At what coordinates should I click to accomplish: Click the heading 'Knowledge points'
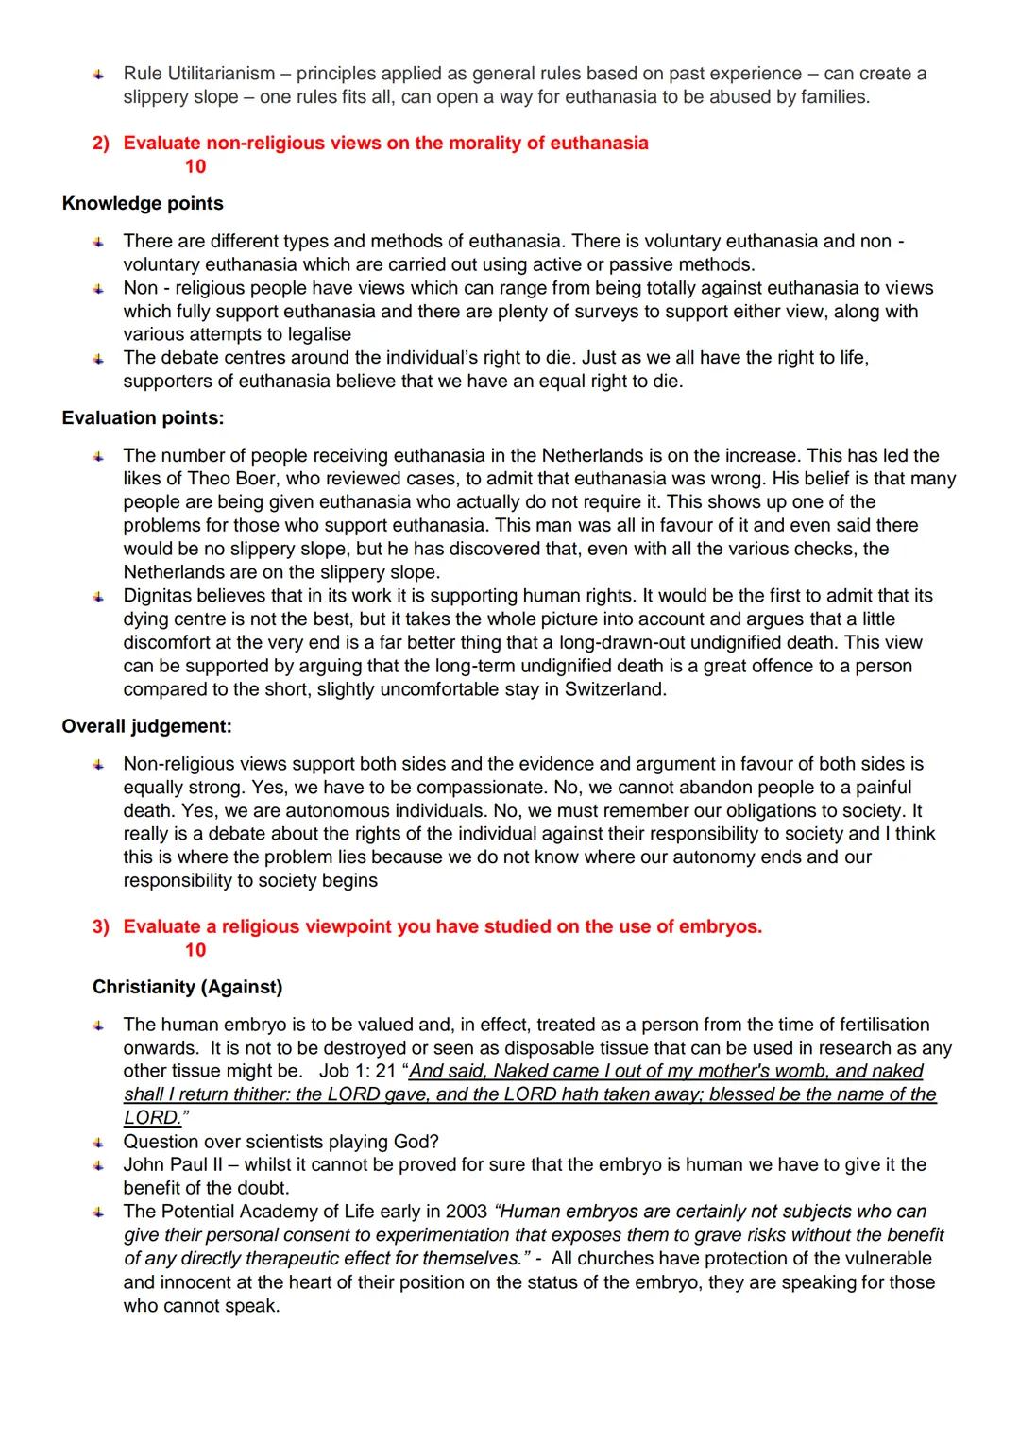143,203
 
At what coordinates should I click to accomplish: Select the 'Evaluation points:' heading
143,417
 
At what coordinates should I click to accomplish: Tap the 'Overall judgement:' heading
146,726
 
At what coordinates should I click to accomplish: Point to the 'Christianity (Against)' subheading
187,987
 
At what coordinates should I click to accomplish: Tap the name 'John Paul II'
175,1164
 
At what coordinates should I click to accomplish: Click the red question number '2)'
100,144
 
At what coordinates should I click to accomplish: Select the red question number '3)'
100,927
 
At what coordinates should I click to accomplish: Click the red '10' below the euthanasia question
195,166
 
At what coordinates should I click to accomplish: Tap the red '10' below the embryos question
195,950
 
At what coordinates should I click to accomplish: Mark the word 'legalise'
314,334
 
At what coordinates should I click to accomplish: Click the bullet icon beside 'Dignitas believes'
98,597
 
